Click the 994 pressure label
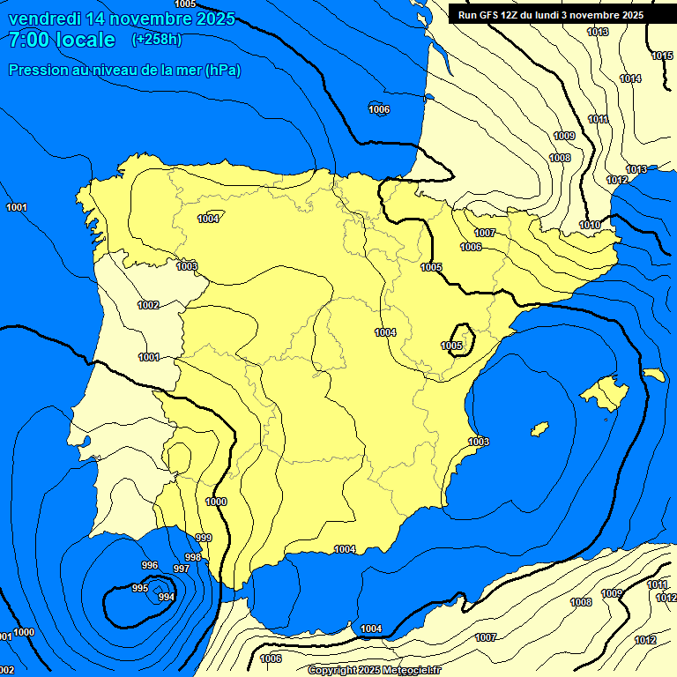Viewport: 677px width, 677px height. point(166,597)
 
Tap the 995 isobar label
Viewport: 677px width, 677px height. point(140,588)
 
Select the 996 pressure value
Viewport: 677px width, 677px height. point(150,565)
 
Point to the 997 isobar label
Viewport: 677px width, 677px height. point(181,569)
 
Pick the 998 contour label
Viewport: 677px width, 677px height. point(192,557)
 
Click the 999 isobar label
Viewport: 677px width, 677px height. point(204,538)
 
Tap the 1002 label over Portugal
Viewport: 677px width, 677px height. point(148,305)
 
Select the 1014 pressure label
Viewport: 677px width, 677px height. point(630,78)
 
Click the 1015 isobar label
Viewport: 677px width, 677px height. point(662,56)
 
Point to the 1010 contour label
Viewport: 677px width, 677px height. point(590,225)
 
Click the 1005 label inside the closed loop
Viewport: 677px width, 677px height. point(452,346)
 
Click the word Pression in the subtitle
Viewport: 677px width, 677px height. point(37,70)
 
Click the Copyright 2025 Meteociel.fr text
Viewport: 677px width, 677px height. point(374,670)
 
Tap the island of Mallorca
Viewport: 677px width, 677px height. point(605,393)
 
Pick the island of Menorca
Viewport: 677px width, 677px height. point(653,375)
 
